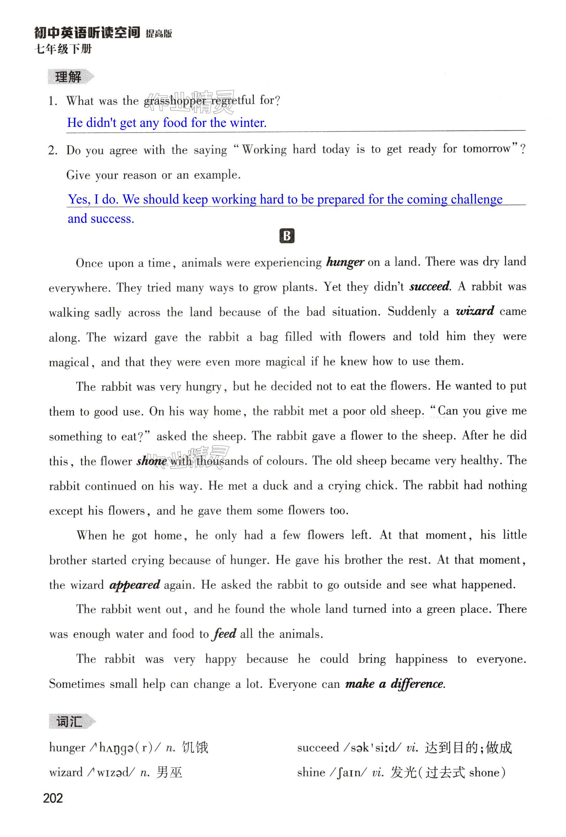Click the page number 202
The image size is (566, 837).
[x=53, y=798]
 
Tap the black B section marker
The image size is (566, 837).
[x=287, y=236]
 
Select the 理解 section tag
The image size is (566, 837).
[x=69, y=77]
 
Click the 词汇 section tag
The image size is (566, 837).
[x=70, y=721]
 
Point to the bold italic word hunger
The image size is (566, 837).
[x=345, y=262]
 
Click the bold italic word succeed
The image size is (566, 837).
[x=430, y=287]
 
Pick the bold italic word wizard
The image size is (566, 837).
[x=475, y=311]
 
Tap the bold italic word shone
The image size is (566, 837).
[x=151, y=461]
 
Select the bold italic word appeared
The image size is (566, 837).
[x=134, y=585]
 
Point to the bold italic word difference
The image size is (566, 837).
[x=417, y=683]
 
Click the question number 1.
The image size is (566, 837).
[x=53, y=101]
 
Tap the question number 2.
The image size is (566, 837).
[x=53, y=150]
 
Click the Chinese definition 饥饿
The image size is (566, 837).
[x=195, y=748]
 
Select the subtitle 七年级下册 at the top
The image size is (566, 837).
[x=63, y=49]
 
